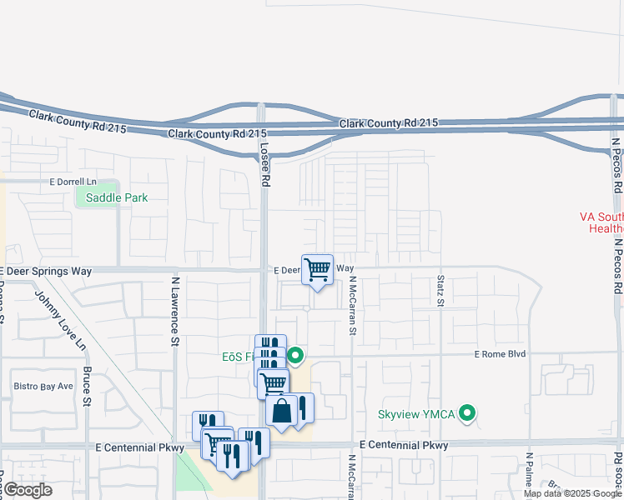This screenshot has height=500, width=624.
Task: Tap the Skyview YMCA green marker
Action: click(x=468, y=412)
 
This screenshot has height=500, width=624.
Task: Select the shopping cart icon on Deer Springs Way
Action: click(x=317, y=270)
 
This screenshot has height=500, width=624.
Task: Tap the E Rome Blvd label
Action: click(x=501, y=354)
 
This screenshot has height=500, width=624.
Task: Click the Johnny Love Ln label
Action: click(x=59, y=317)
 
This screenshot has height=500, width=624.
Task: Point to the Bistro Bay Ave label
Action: click(x=43, y=387)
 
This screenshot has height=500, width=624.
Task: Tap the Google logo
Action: click(x=27, y=490)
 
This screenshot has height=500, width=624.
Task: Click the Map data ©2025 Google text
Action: click(x=572, y=493)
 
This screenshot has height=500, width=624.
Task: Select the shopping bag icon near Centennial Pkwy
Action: click(x=282, y=411)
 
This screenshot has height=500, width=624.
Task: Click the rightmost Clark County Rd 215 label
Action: click(x=388, y=123)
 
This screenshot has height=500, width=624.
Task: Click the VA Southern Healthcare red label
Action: click(x=601, y=222)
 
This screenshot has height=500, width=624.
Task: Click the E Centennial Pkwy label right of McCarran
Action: click(x=404, y=446)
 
